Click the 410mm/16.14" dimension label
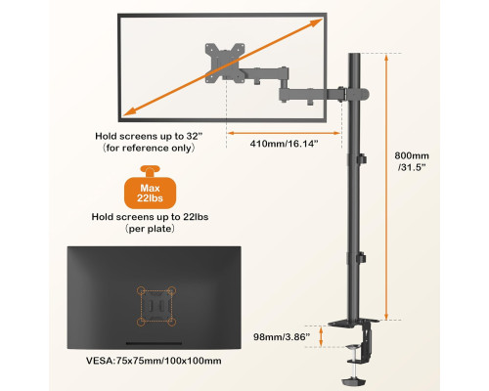(x=284, y=144)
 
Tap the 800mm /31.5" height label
(x=412, y=161)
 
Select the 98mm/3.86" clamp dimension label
(x=282, y=337)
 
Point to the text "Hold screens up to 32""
(x=149, y=136)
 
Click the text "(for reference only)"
(x=149, y=148)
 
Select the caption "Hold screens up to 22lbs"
(x=150, y=217)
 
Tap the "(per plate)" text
(x=150, y=229)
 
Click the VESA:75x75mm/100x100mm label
(x=154, y=361)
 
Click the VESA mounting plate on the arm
(x=225, y=63)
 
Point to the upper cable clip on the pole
(x=361, y=159)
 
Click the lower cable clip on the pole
(x=361, y=258)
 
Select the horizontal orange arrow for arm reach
(x=284, y=133)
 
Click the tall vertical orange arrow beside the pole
(x=386, y=187)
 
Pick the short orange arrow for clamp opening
(x=322, y=336)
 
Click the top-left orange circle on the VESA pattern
(x=141, y=290)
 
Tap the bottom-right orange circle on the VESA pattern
(x=172, y=323)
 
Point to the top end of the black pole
(x=354, y=54)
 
